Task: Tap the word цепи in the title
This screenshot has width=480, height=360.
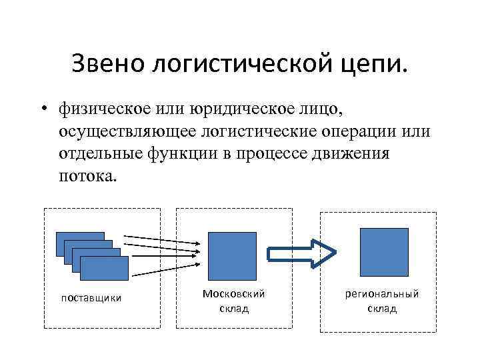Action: (375, 65)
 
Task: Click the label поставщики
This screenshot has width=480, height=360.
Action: (91, 297)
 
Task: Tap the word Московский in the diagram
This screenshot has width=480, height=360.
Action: (233, 293)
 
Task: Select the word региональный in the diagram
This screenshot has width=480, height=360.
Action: (382, 294)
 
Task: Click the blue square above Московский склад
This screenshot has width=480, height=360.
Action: (232, 256)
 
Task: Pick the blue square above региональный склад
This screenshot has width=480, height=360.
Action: (384, 251)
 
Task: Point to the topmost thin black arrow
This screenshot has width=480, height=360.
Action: (160, 237)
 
